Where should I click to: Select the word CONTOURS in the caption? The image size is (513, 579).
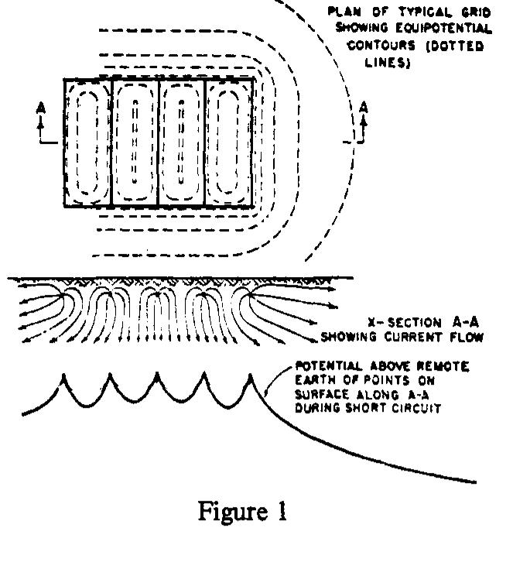381,46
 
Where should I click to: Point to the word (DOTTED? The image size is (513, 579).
454,46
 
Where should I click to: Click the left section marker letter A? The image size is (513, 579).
41,108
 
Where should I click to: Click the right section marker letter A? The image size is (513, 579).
364,108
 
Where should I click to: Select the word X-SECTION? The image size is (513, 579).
405,323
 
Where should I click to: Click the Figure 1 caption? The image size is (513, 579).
242,512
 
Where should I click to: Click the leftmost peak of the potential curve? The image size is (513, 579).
63,375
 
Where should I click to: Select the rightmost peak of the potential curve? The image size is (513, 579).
250,375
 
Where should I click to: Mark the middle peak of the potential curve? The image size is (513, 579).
157,373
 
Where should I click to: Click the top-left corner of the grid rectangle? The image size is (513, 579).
64,80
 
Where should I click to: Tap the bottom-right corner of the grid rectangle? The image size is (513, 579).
253,206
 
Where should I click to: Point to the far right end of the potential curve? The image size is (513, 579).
476,482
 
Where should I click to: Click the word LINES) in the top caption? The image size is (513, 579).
388,63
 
